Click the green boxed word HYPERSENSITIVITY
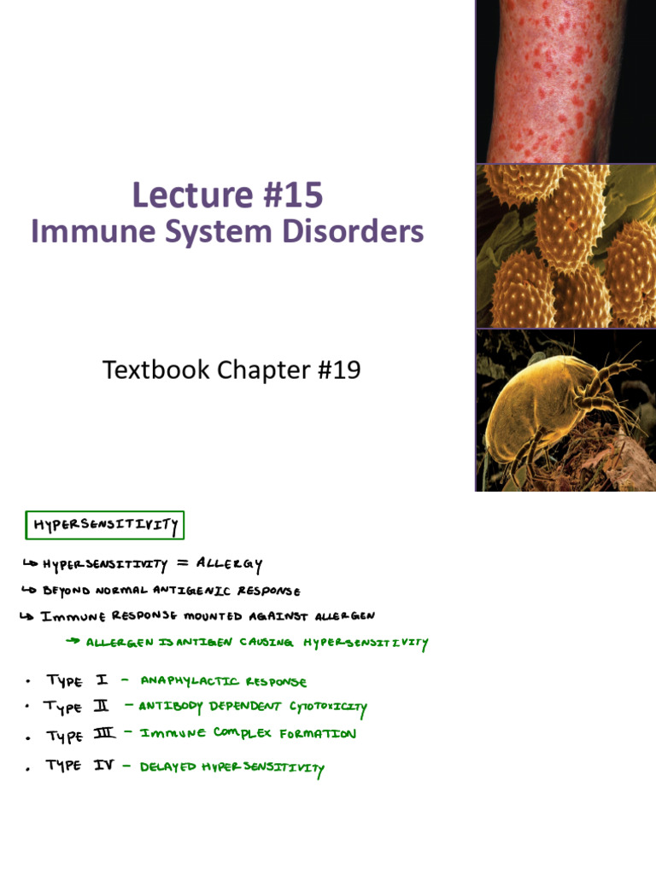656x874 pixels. (x=106, y=525)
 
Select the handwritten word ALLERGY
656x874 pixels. (x=229, y=564)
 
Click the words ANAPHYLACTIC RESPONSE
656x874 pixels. (x=223, y=681)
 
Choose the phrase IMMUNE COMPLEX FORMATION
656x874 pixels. (x=248, y=733)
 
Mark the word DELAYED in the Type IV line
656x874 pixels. (x=167, y=766)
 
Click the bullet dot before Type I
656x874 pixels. (x=28, y=681)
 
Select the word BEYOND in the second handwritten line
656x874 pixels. (x=66, y=591)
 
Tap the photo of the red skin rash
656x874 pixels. (x=565, y=81)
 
